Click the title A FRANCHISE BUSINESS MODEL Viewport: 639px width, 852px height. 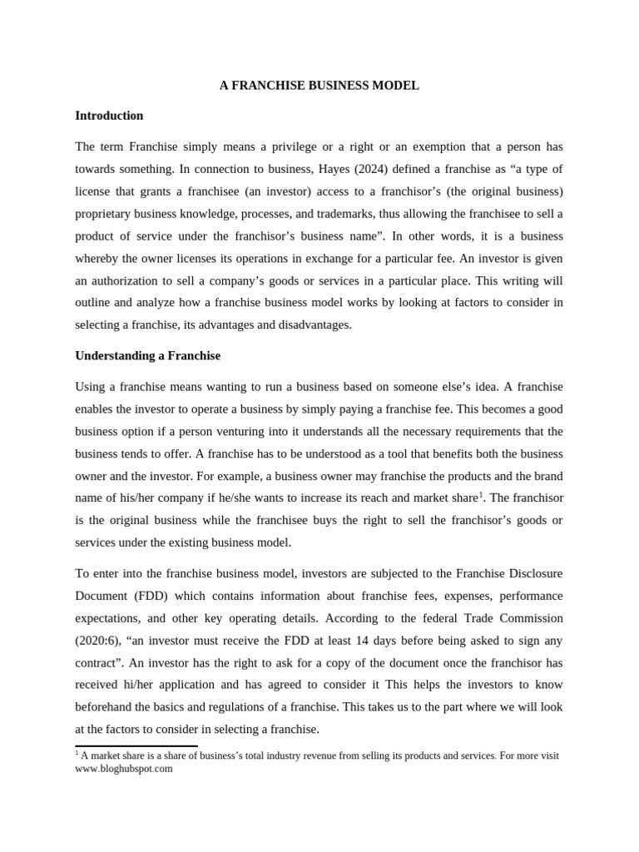click(x=319, y=86)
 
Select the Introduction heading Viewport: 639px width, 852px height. click(x=109, y=116)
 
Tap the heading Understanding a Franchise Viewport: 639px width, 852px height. click(x=147, y=355)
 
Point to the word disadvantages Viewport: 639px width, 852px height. click(x=309, y=324)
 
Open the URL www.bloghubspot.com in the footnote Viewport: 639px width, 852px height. click(x=124, y=769)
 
